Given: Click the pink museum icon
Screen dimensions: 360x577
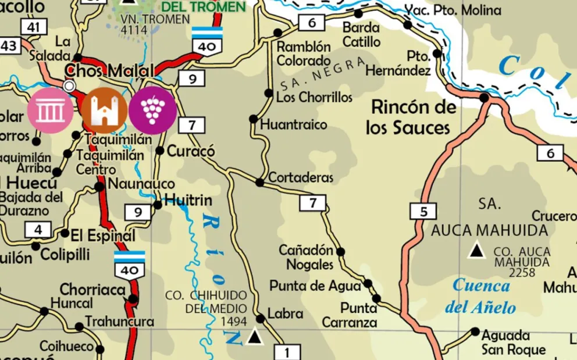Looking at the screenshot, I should pyautogui.click(x=50, y=111).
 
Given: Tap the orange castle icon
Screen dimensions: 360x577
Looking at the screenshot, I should pyautogui.click(x=104, y=111).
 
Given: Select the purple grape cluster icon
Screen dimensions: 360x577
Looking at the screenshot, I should pyautogui.click(x=152, y=111).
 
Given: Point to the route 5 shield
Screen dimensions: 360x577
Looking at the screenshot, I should pyautogui.click(x=423, y=211).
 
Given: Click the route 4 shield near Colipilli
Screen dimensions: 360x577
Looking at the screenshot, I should pyautogui.click(x=38, y=230).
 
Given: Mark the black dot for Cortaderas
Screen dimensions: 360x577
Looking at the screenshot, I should pyautogui.click(x=259, y=183).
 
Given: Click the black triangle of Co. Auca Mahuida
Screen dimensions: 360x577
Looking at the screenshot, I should pyautogui.click(x=478, y=251).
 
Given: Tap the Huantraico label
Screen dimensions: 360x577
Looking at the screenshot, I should pyautogui.click(x=294, y=124).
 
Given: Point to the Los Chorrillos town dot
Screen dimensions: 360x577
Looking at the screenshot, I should pyautogui.click(x=269, y=93).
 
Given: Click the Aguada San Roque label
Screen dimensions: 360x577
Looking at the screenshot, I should pyautogui.click(x=513, y=343).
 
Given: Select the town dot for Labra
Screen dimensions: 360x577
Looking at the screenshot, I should pyautogui.click(x=261, y=318).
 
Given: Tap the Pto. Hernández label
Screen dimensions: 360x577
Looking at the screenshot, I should pyautogui.click(x=398, y=63).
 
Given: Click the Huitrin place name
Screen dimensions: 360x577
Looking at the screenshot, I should pyautogui.click(x=188, y=201).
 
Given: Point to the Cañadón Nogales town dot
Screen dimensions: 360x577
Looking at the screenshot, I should pyautogui.click(x=341, y=252).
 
